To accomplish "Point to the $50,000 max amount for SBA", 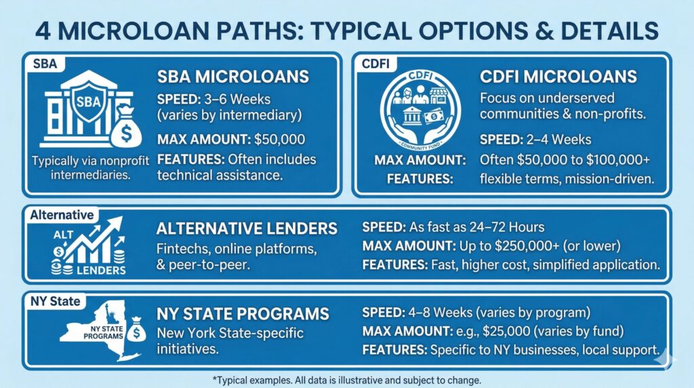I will (x=281, y=141).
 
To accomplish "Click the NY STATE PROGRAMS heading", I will (x=243, y=314).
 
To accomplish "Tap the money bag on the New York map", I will (x=137, y=331).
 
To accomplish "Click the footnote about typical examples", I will (x=347, y=379).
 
